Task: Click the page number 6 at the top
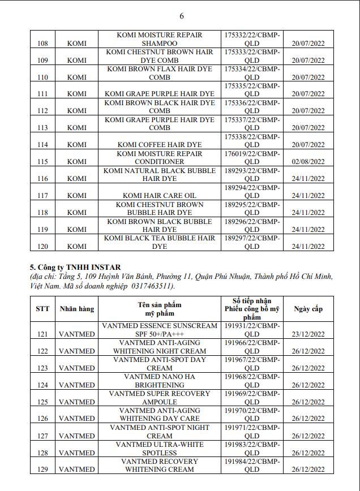pos(182,15)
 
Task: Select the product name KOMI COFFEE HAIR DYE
pos(162,145)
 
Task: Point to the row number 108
pos(42,44)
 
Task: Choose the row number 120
pos(42,247)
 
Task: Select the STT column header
pos(42,308)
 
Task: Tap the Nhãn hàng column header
pos(77,308)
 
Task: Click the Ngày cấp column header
pos(308,308)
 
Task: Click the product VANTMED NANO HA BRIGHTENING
pos(159,381)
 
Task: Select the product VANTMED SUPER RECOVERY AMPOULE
pos(159,398)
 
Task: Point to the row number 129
pos(42,470)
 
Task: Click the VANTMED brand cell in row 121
pos(77,334)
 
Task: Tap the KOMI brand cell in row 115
pos(77,162)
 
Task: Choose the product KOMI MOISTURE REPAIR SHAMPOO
pos(159,39)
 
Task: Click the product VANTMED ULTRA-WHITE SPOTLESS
pos(159,449)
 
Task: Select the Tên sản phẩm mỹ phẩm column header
pos(159,308)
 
